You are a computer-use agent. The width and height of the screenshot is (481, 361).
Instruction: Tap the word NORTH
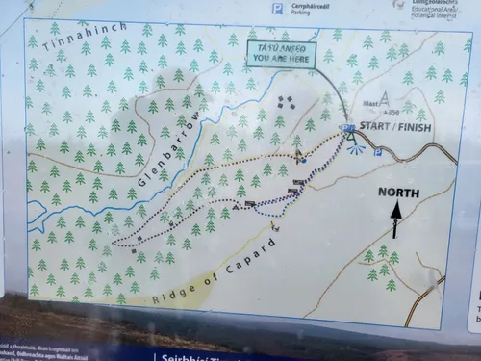point(398,192)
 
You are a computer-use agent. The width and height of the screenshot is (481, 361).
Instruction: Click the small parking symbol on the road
point(377,152)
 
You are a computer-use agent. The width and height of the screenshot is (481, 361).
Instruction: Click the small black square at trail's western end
point(140,236)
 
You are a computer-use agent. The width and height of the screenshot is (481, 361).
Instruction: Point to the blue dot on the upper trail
point(298,155)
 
